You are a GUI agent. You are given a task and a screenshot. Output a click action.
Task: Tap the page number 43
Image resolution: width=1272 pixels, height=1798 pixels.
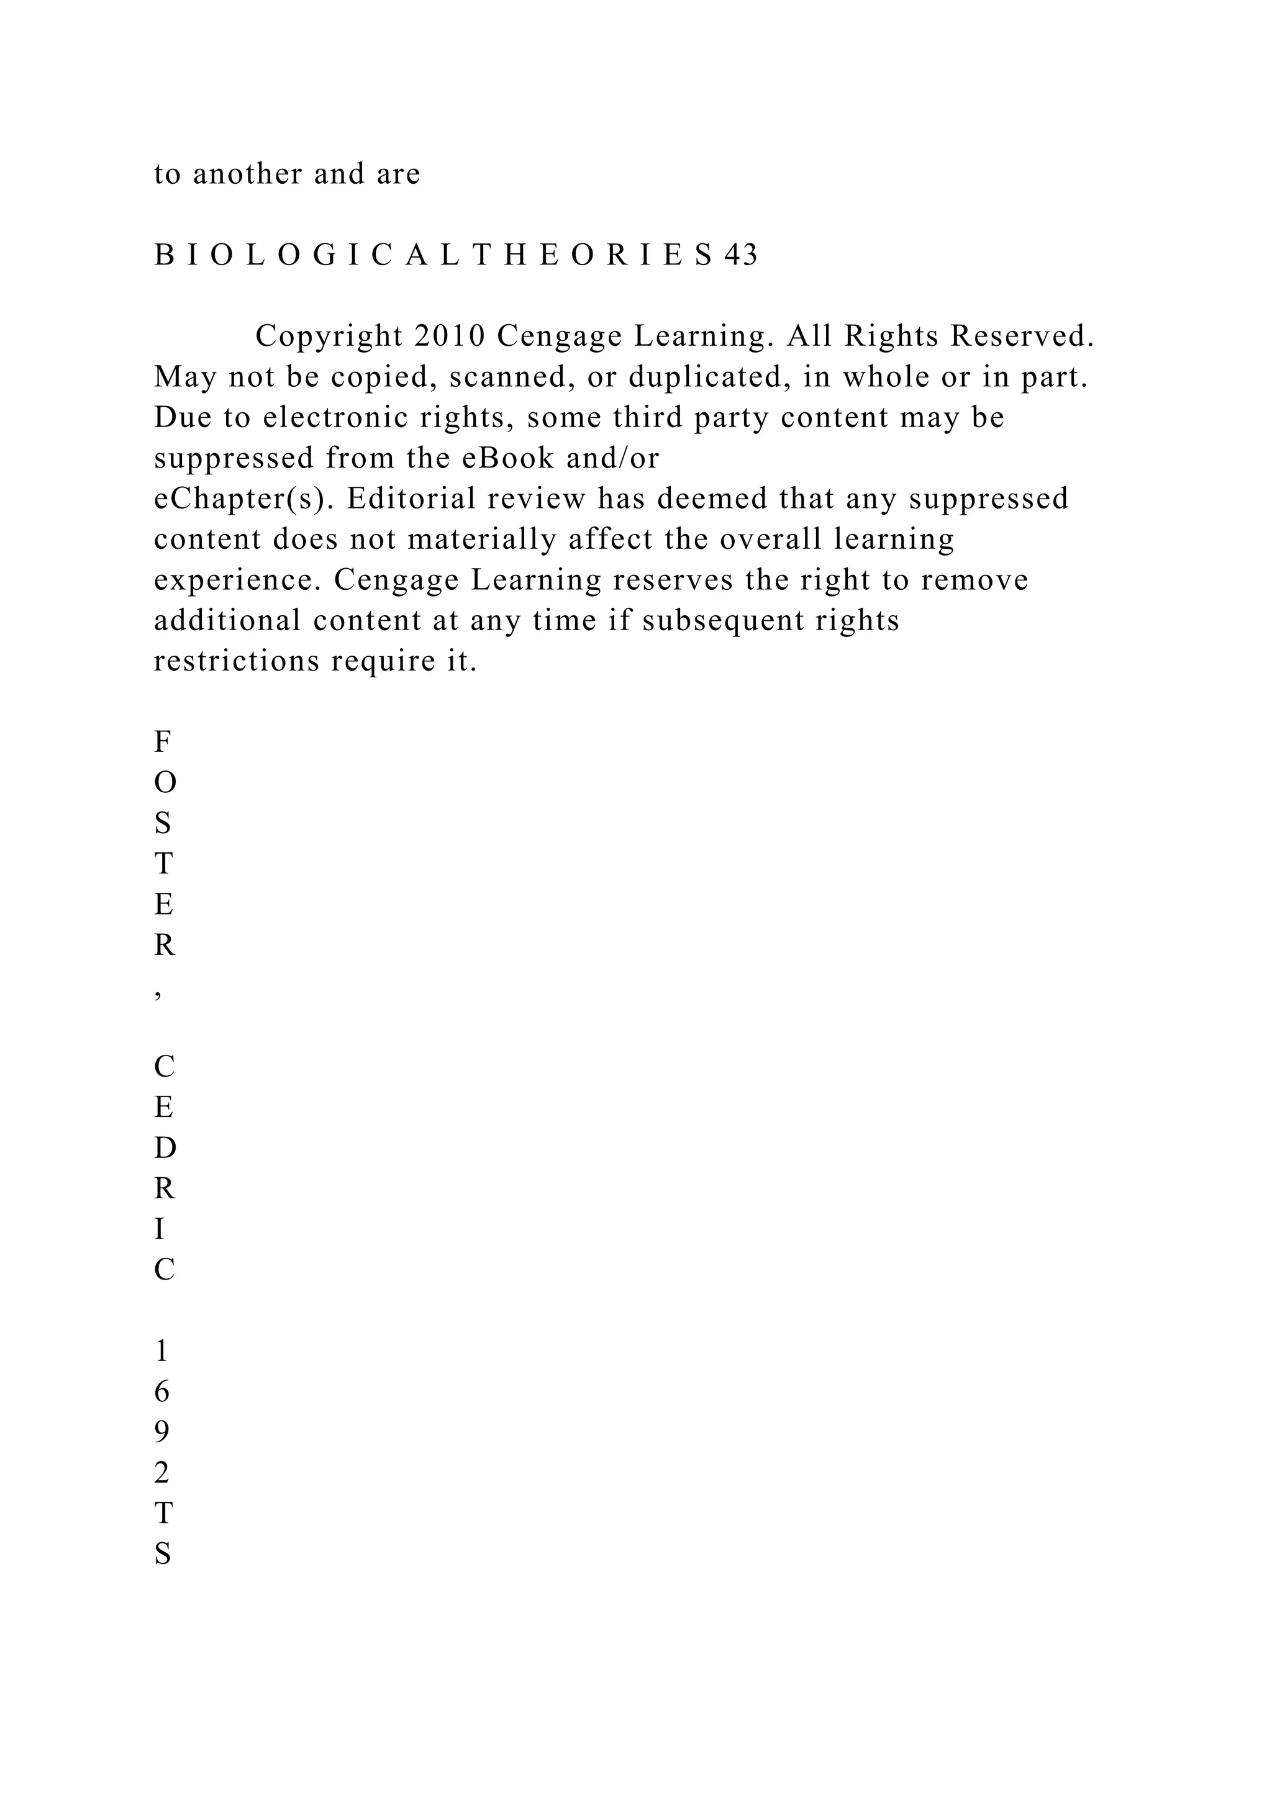(x=741, y=255)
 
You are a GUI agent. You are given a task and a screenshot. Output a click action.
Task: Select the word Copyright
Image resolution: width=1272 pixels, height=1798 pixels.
(x=328, y=337)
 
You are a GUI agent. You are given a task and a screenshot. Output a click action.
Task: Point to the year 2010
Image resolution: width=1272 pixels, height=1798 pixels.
(x=450, y=337)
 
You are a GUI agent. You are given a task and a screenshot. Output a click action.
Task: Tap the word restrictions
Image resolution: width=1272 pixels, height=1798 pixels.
(x=237, y=662)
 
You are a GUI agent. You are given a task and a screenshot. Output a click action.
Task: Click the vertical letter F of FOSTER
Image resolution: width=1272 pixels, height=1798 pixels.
(x=162, y=741)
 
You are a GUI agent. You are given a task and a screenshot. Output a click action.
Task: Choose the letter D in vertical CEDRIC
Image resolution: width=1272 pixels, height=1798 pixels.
(x=165, y=1149)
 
